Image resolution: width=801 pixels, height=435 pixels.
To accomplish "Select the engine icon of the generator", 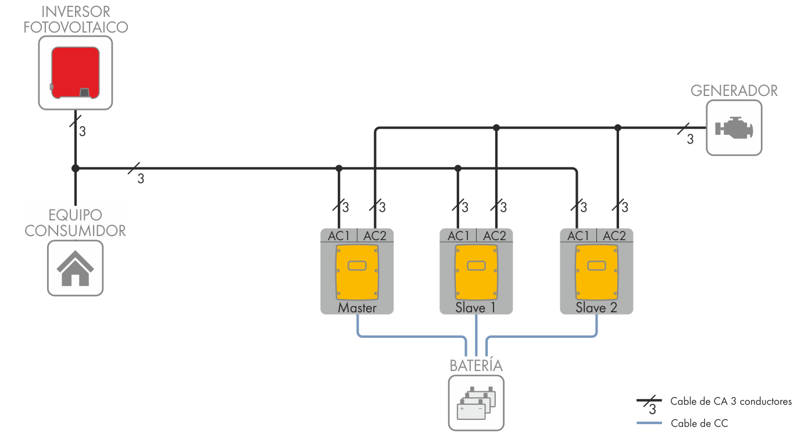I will pyautogui.click(x=734, y=127).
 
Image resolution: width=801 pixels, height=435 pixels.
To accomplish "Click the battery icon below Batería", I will pyautogui.click(x=475, y=402).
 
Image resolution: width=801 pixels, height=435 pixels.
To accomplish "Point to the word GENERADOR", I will pyautogui.click(x=734, y=91).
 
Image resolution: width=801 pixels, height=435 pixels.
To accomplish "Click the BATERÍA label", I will pyautogui.click(x=475, y=366).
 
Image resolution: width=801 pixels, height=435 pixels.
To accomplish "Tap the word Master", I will pyautogui.click(x=357, y=308).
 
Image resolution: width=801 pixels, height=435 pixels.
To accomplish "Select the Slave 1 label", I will pyautogui.click(x=475, y=308).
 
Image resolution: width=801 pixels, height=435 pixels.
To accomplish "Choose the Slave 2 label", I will pyautogui.click(x=596, y=308).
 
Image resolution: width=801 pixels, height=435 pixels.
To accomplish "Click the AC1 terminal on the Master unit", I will pyautogui.click(x=339, y=236).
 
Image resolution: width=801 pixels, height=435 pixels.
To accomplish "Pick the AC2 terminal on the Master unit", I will pyautogui.click(x=375, y=236).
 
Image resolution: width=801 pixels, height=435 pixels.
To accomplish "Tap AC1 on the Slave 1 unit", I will pyautogui.click(x=458, y=236).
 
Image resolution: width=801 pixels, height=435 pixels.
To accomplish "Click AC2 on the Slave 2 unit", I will pyautogui.click(x=614, y=236).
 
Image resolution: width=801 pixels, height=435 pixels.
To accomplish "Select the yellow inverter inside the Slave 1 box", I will pyautogui.click(x=476, y=270).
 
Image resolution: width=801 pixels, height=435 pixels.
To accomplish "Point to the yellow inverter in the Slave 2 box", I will pyautogui.click(x=596, y=270).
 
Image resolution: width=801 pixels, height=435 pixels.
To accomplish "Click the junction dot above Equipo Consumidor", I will pyautogui.click(x=75, y=169).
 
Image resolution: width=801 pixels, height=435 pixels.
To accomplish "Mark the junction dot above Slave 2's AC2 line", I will pyautogui.click(x=618, y=127).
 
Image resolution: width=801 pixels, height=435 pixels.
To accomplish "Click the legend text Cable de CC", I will pyautogui.click(x=699, y=423).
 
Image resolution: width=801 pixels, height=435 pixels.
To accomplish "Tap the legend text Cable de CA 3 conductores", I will pyautogui.click(x=731, y=401).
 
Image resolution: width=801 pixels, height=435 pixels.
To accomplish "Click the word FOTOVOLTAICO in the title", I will pyautogui.click(x=76, y=27).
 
